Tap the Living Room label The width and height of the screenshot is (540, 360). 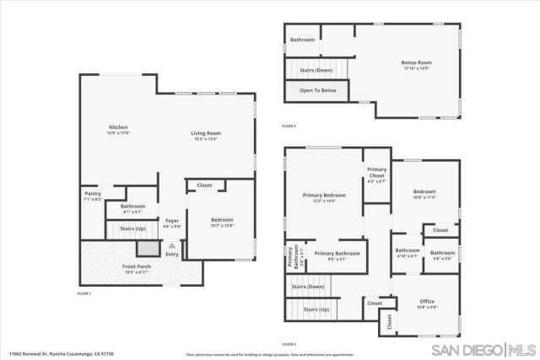[x=205, y=133]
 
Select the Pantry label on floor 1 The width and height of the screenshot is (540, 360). [x=93, y=194]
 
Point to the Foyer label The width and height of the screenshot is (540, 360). [x=172, y=221]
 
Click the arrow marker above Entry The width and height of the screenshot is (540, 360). [x=172, y=245]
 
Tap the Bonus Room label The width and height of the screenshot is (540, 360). [x=416, y=62]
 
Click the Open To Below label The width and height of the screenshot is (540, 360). [x=318, y=90]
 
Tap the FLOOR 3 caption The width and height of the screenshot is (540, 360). [x=289, y=126]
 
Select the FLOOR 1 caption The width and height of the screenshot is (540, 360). [x=84, y=293]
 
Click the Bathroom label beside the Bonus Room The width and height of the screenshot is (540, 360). [x=303, y=40]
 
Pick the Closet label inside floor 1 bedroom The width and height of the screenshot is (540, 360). [x=205, y=185]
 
